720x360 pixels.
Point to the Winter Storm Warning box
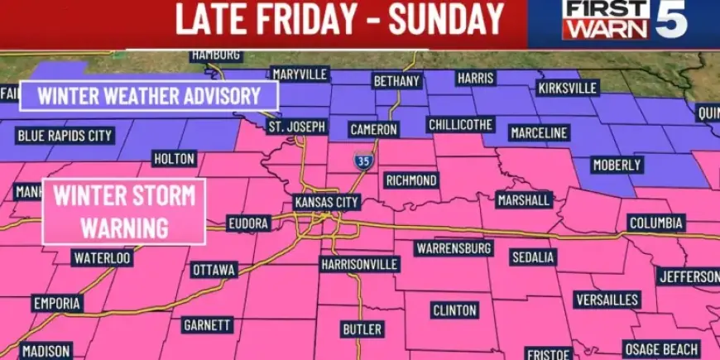coord(123,212)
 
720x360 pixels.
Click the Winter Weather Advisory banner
coord(149,95)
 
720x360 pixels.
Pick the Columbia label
coord(655,223)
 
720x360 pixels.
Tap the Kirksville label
coord(567,88)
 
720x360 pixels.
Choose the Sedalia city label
coord(532,257)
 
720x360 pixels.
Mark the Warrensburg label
coord(454,247)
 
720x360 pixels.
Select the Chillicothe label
coord(460,125)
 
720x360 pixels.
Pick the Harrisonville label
coord(359,265)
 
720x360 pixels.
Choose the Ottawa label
coord(214,270)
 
